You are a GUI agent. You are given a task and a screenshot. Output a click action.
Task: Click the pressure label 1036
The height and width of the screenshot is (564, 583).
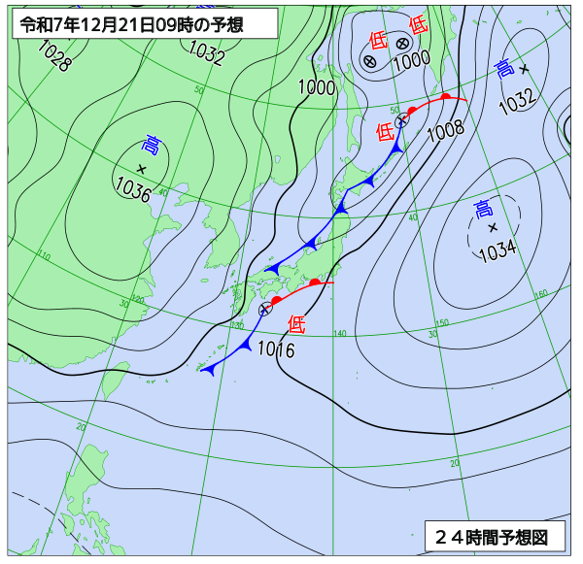point(132,188)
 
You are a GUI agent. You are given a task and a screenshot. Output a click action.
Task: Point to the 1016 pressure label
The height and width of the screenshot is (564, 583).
point(276,350)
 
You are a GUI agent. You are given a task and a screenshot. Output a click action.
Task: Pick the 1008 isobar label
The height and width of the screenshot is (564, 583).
point(445,127)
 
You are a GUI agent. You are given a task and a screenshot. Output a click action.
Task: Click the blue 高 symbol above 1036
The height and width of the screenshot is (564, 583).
point(152,147)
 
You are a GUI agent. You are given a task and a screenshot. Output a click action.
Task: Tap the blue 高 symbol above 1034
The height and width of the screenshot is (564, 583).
point(483,208)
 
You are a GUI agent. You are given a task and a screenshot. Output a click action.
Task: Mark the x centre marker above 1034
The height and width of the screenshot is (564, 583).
point(493,227)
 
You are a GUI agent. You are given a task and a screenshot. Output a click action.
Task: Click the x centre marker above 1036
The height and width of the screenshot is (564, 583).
point(142,169)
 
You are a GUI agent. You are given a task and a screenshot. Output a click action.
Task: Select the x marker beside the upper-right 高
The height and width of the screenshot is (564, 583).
point(525,69)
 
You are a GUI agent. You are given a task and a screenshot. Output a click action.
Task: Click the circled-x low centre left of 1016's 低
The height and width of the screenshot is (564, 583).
point(265,309)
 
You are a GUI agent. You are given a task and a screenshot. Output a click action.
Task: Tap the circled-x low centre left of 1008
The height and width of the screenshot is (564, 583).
point(401,121)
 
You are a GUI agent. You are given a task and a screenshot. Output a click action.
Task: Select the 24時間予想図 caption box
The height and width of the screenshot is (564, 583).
point(494,535)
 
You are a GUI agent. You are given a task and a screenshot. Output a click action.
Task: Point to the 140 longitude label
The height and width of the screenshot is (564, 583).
point(339,334)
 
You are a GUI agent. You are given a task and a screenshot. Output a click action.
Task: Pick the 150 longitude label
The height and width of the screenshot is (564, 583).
point(442,323)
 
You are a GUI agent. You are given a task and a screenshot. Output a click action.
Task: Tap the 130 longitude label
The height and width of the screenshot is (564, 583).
point(237,325)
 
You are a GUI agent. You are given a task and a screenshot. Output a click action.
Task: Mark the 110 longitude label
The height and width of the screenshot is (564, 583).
point(45,256)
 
